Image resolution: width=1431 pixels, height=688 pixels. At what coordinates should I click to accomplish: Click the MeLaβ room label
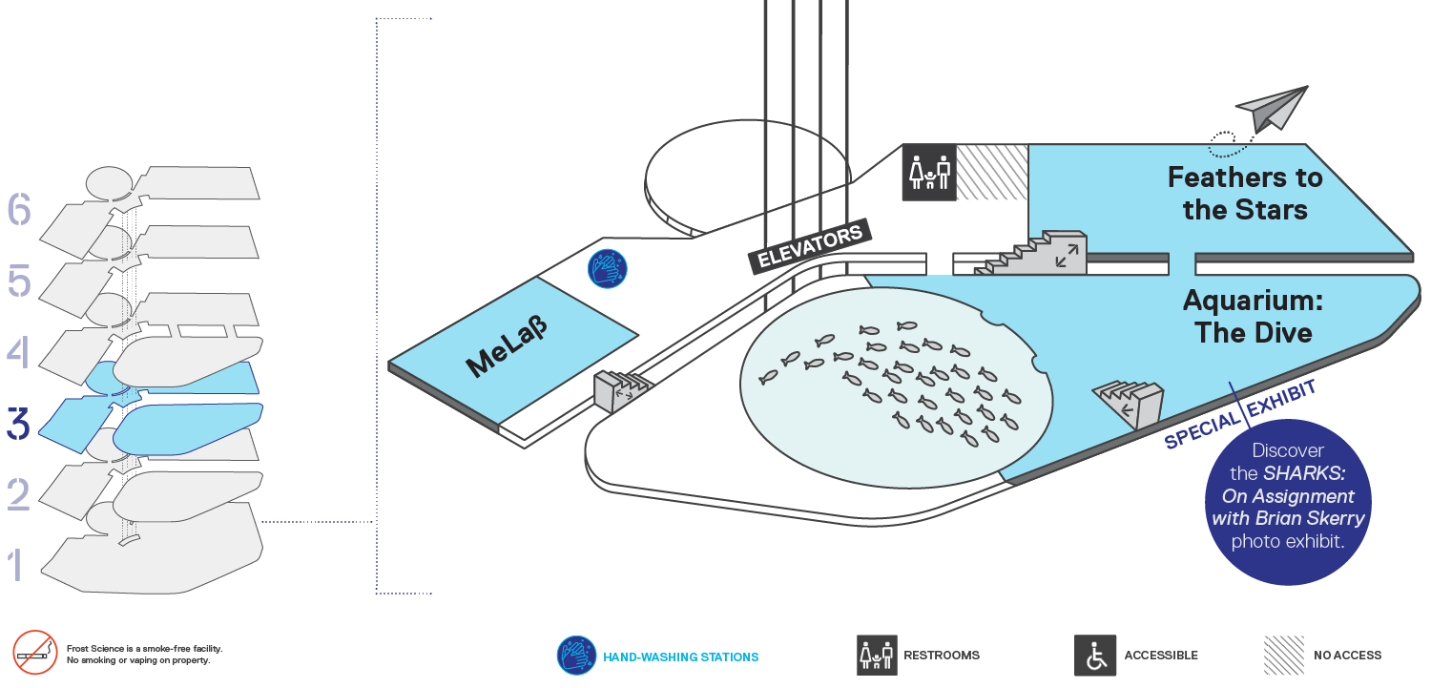click(x=507, y=346)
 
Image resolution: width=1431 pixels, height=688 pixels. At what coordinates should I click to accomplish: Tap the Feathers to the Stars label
click(x=1244, y=194)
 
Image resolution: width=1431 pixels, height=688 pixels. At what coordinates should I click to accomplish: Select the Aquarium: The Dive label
click(x=1253, y=316)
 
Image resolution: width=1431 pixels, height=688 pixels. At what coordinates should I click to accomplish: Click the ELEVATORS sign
click(x=809, y=246)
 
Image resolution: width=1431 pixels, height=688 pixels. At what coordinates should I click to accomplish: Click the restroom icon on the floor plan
click(x=929, y=173)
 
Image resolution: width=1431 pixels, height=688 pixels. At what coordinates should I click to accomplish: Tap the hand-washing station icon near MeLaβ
click(x=607, y=268)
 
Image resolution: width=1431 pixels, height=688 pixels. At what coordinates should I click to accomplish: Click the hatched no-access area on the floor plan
click(x=992, y=173)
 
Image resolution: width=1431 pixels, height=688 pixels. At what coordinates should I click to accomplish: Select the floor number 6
click(x=19, y=209)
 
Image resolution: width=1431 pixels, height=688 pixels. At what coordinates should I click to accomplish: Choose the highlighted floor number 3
click(x=18, y=424)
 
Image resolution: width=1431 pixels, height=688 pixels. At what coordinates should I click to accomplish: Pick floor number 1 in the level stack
click(x=16, y=564)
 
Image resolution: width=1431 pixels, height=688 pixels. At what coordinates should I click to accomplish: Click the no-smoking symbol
click(x=35, y=653)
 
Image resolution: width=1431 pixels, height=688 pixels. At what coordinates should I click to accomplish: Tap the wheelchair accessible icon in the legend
click(x=1095, y=655)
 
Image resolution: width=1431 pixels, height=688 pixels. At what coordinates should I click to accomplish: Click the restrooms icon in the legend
click(x=877, y=655)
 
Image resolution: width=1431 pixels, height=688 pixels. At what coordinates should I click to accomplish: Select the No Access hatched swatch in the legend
click(x=1283, y=655)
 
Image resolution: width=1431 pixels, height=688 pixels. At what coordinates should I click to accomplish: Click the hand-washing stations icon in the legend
click(x=576, y=656)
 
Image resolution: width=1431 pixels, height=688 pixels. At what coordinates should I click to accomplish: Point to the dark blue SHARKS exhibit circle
click(x=1287, y=502)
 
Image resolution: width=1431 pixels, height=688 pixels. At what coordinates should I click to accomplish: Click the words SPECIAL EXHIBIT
click(x=1240, y=414)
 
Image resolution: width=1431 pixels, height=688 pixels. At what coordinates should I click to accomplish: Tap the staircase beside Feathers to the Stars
click(x=1031, y=253)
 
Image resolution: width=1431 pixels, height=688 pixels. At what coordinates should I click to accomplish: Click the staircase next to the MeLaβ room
click(x=621, y=389)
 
